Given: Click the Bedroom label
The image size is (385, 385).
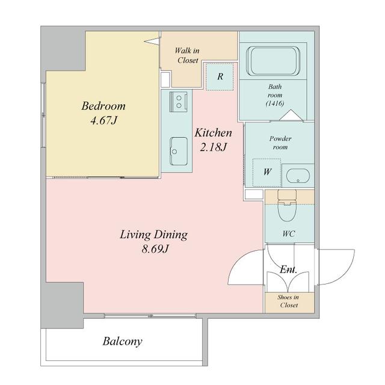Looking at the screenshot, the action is [x=103, y=106].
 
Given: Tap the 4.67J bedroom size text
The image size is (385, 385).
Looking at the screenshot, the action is [x=103, y=120].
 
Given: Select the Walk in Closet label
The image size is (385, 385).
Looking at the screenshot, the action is [x=187, y=55].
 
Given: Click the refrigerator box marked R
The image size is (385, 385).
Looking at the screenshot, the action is [x=220, y=76].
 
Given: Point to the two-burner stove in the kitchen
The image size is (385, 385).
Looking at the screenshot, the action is [x=179, y=102].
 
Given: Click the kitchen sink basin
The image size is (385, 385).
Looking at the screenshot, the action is [x=179, y=151].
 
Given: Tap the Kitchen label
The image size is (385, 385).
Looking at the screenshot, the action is [x=213, y=133].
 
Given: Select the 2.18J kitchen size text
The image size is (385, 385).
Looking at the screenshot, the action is [x=213, y=147].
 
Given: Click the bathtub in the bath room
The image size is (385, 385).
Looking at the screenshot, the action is [x=273, y=61].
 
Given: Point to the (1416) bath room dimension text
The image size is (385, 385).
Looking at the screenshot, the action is [x=275, y=103].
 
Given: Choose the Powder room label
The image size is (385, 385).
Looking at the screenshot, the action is [x=280, y=143].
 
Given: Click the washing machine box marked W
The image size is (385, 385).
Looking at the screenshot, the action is [x=267, y=173].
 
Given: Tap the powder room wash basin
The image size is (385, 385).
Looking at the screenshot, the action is [x=298, y=176].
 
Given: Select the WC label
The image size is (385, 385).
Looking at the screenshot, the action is [x=289, y=233].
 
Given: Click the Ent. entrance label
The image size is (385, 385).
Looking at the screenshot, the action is [x=289, y=269].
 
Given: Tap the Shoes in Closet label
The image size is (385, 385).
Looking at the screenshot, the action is [x=289, y=301].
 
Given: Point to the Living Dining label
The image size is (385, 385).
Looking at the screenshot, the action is [x=154, y=235].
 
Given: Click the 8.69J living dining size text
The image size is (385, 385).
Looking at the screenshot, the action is [x=155, y=249].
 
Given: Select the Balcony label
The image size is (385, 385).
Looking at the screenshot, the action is [x=122, y=342].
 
